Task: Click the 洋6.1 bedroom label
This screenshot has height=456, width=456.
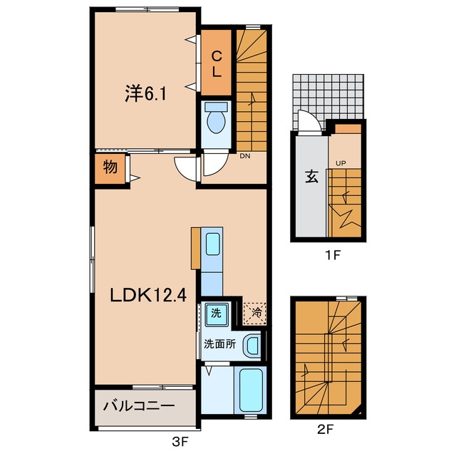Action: (x=145, y=93)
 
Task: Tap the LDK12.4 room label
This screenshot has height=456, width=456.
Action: (x=148, y=296)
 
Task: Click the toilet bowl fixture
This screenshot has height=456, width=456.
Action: (x=216, y=118)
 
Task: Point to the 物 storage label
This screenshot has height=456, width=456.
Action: (x=110, y=167)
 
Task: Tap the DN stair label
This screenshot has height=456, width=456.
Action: (x=245, y=156)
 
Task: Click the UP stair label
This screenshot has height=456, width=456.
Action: (x=341, y=163)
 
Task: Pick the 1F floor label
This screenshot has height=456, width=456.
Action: (x=333, y=255)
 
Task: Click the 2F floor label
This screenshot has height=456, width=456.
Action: (x=325, y=429)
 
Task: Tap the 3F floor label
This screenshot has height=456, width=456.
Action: (x=180, y=442)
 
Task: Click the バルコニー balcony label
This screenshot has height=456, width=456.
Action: (x=139, y=405)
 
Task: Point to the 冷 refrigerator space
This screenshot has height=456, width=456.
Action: (x=255, y=313)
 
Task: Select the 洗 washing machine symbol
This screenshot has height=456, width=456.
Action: (x=216, y=313)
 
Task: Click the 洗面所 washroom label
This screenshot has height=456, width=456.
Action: (x=219, y=344)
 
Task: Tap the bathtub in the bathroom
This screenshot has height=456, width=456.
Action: (x=250, y=390)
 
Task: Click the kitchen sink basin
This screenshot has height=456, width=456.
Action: (x=212, y=244)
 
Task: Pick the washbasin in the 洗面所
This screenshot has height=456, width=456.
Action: (x=252, y=345)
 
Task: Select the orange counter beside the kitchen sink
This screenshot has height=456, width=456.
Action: (x=195, y=248)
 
